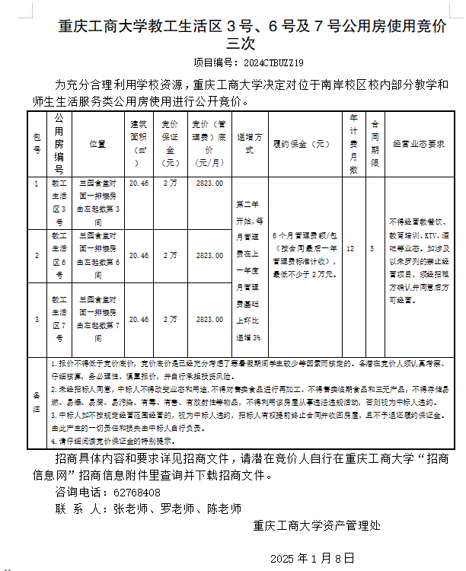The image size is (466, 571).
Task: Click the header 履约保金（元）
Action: point(302,143)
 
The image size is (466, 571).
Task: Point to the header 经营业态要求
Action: point(418,143)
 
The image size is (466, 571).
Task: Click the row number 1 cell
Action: point(37,183)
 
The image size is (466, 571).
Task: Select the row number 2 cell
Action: point(37,255)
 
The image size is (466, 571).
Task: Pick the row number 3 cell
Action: point(37,320)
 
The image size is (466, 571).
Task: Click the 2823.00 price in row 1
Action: point(209,183)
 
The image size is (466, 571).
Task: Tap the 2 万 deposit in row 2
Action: point(171,255)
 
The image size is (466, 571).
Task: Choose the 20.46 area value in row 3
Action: point(139,320)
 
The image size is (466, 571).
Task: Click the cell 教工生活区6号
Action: point(59,255)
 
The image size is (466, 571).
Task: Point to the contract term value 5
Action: point(372,248)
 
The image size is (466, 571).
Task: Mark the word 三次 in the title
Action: point(234,43)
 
